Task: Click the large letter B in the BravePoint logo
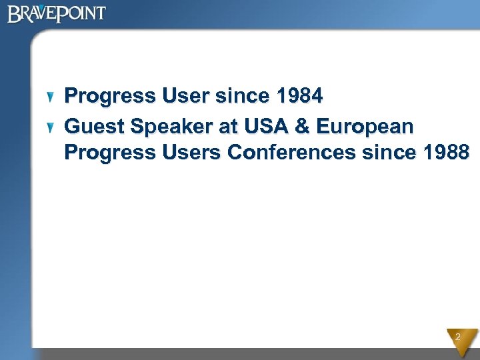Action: click(14, 14)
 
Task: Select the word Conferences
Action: click(291, 153)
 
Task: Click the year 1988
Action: click(445, 153)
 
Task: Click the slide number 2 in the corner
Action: click(458, 338)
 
